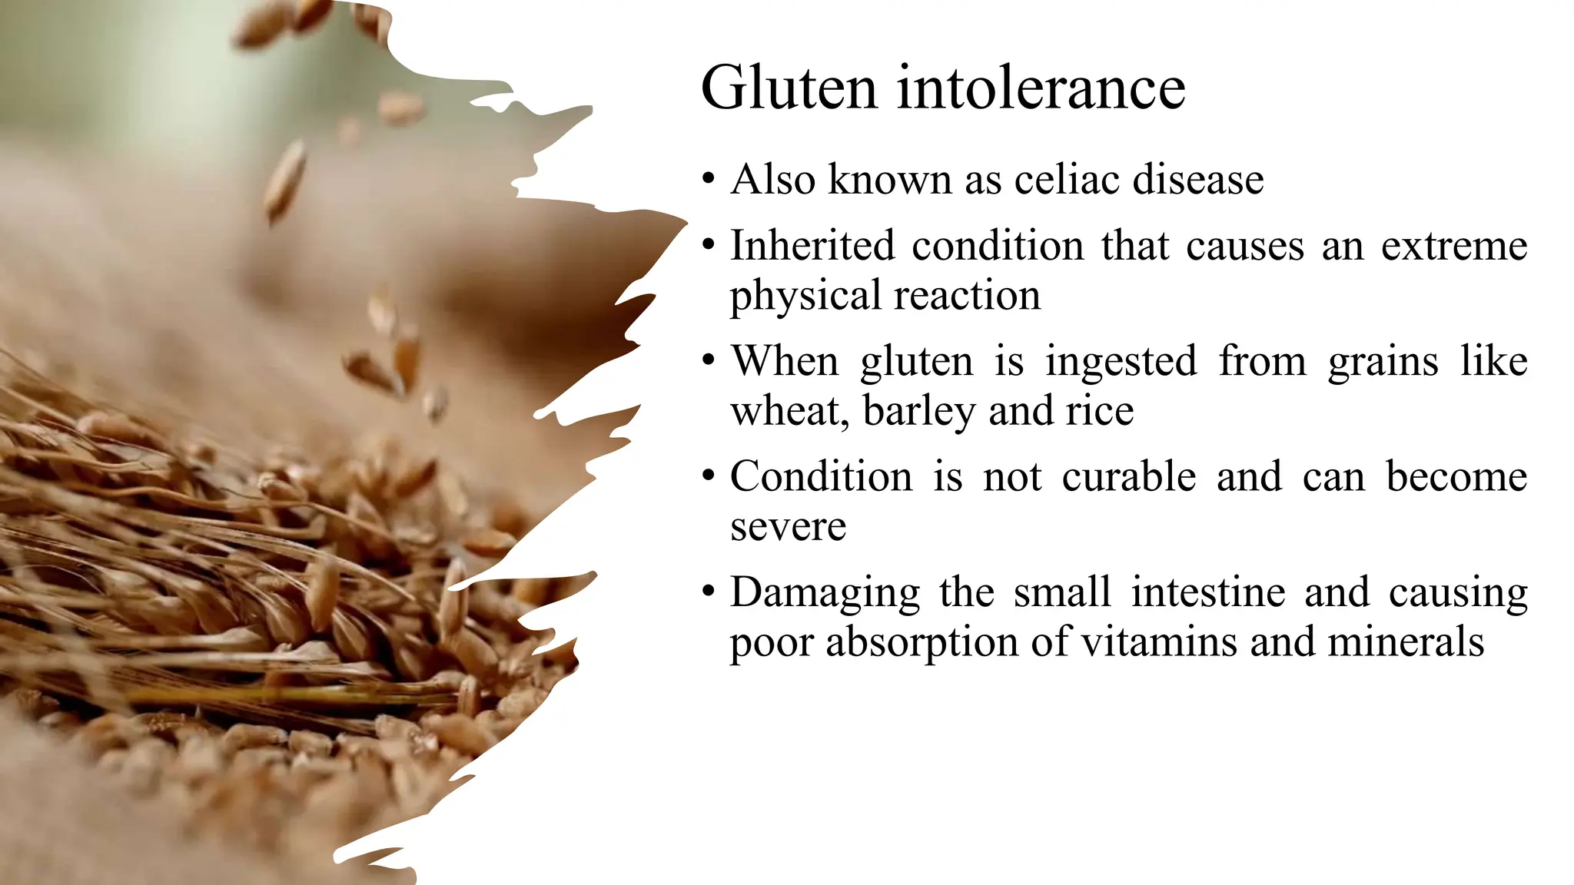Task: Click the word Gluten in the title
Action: [789, 88]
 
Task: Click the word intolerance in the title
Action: [1041, 88]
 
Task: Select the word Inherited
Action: [812, 246]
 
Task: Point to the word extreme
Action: [1454, 246]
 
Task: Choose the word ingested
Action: [1121, 361]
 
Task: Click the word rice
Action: [1100, 411]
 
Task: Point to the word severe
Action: [789, 527]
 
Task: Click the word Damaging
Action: [825, 593]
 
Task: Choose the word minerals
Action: [1406, 642]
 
